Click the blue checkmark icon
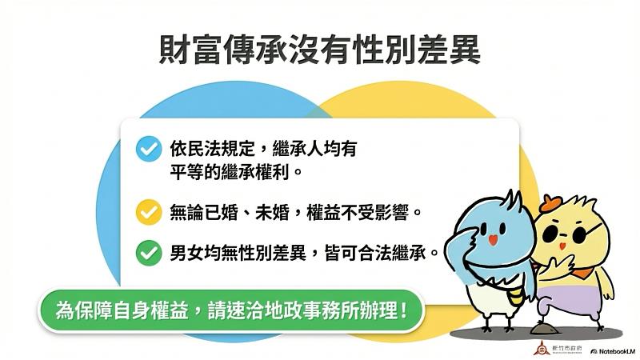[148, 150]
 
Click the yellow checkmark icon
[148, 213]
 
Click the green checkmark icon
[148, 254]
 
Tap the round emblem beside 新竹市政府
[538, 349]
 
